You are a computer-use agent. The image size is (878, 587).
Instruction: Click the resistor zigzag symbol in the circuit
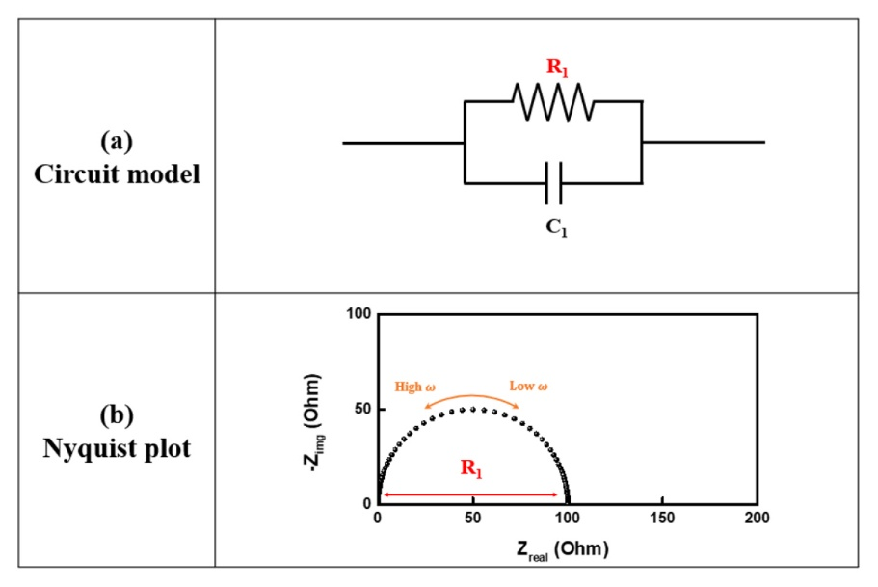click(x=553, y=101)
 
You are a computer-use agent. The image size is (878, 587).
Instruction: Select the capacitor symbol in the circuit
click(x=553, y=183)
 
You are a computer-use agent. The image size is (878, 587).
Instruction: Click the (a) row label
click(x=117, y=141)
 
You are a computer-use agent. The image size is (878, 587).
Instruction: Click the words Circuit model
click(x=117, y=175)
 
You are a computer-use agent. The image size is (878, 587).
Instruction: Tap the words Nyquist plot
click(x=117, y=448)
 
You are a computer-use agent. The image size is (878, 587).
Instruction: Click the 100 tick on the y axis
click(x=359, y=314)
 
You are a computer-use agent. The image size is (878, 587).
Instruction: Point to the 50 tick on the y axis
click(x=362, y=409)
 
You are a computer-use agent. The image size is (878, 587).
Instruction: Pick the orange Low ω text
click(x=529, y=387)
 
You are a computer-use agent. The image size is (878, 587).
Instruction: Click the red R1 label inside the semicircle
click(x=471, y=471)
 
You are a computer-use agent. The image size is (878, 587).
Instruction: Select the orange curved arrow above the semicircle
click(x=473, y=398)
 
